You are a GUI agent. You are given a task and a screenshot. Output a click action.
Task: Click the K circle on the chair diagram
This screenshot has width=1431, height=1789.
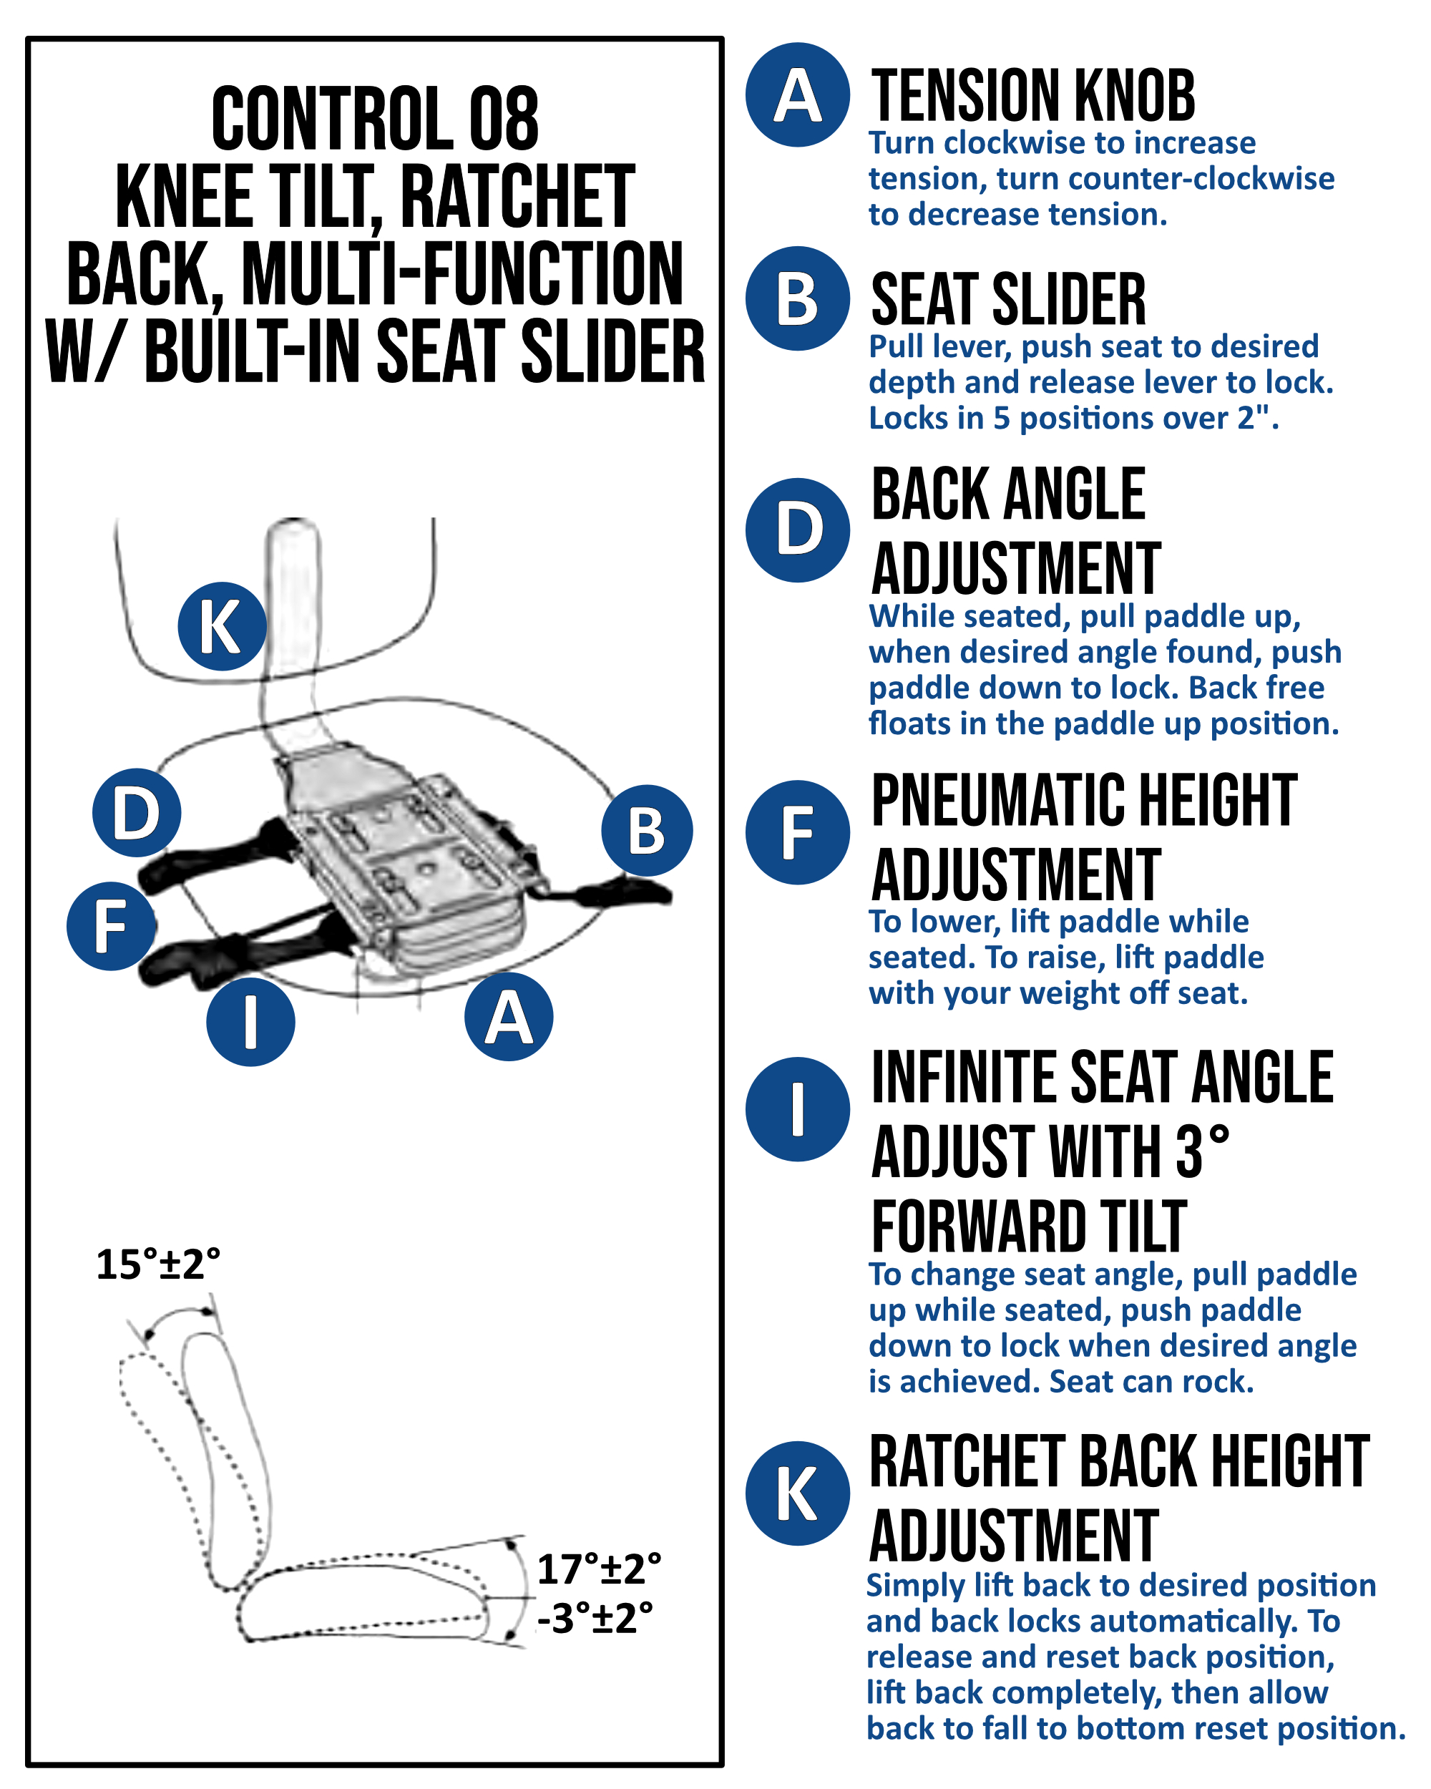tap(222, 626)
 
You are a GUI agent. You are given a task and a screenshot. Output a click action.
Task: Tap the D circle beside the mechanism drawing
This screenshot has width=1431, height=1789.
tap(137, 812)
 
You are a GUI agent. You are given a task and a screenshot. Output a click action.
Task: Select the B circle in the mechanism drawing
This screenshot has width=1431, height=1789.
tap(647, 831)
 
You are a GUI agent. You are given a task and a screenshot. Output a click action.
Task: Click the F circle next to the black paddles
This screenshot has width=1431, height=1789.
tap(111, 926)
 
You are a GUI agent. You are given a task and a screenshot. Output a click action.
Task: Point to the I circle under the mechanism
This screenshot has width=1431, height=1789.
tap(250, 1021)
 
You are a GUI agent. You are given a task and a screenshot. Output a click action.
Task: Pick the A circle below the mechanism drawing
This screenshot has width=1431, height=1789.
tap(509, 1016)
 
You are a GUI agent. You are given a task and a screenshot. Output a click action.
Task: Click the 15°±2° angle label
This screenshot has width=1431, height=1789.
tap(158, 1264)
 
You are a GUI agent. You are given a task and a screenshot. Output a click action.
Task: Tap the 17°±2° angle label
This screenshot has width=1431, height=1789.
tap(599, 1570)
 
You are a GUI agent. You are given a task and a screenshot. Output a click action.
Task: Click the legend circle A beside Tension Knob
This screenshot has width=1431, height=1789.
tap(797, 95)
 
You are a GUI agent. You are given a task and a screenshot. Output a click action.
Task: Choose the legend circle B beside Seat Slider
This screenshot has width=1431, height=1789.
tap(797, 298)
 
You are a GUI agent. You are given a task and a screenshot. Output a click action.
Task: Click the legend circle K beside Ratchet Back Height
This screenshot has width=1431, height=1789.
tap(797, 1493)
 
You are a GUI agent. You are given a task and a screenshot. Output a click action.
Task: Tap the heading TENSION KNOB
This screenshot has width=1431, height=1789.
tap(1032, 95)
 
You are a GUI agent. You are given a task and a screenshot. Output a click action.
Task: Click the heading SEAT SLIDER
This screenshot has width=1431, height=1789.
tap(1008, 298)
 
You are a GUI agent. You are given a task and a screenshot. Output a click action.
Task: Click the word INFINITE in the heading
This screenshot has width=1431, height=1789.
tap(962, 1077)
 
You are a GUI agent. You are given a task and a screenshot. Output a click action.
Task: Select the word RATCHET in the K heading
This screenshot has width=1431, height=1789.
tap(967, 1462)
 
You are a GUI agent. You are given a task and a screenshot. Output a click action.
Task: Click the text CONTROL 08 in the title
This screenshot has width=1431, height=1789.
tap(375, 119)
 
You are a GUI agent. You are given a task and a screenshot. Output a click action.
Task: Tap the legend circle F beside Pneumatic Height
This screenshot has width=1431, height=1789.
tap(797, 832)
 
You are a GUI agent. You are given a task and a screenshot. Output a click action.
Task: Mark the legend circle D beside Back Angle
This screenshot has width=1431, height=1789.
tap(797, 530)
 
